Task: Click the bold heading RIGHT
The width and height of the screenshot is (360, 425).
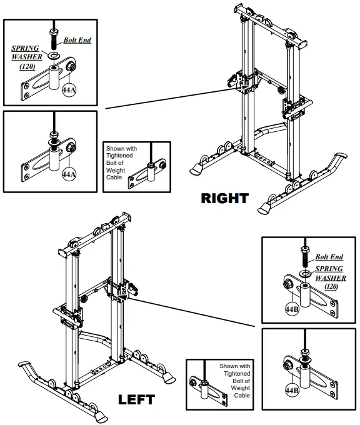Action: tap(224, 199)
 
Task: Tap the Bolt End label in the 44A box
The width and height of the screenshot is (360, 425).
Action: tap(77, 41)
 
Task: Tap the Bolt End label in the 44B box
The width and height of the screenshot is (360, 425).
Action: tap(329, 257)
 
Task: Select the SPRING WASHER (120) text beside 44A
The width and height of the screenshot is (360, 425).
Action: tap(25, 57)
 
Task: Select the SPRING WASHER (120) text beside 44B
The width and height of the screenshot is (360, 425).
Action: tap(330, 277)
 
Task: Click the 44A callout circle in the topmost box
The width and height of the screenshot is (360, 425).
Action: tap(68, 91)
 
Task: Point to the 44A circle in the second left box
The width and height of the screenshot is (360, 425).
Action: tap(68, 174)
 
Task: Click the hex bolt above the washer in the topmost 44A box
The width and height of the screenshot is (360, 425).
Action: tap(55, 39)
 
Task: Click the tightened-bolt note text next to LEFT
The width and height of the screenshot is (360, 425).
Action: tap(234, 381)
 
